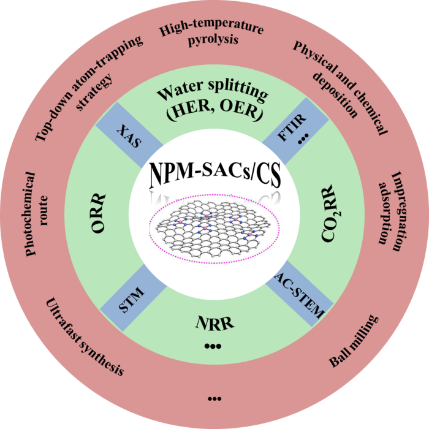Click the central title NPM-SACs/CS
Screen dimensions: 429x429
[214, 176]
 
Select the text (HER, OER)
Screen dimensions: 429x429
[212, 113]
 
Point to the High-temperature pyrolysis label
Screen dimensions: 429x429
[211, 35]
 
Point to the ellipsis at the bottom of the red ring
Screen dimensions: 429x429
[214, 400]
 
